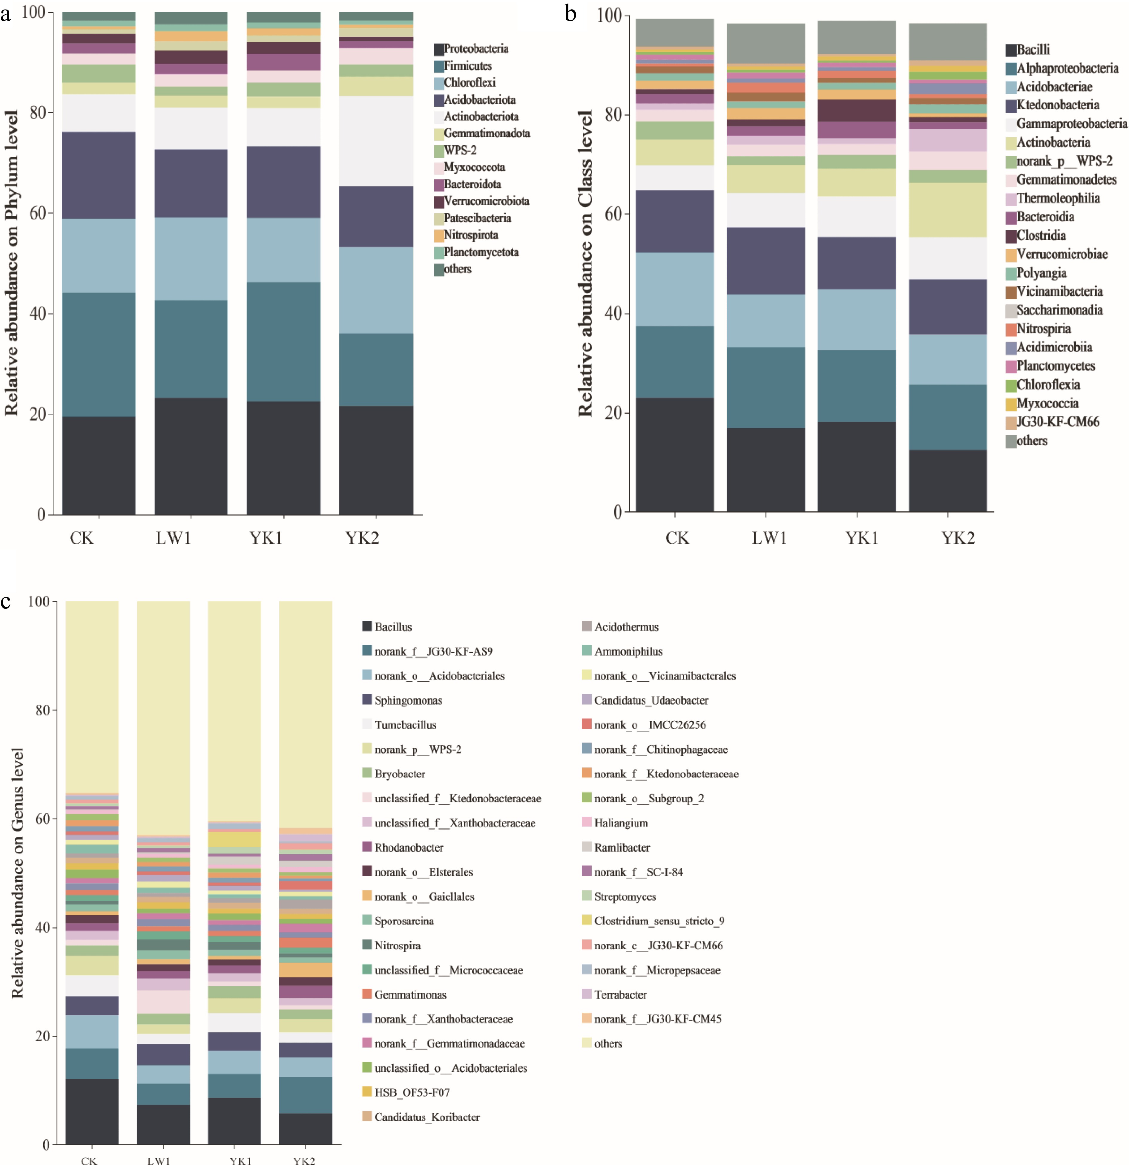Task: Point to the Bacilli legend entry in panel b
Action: point(1033,49)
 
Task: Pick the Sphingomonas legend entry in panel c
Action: point(408,700)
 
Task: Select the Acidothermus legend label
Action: point(626,626)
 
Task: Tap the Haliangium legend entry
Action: point(621,823)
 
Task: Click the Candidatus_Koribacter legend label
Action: point(427,1117)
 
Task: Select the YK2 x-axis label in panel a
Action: point(362,538)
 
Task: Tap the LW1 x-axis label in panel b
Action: point(769,538)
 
